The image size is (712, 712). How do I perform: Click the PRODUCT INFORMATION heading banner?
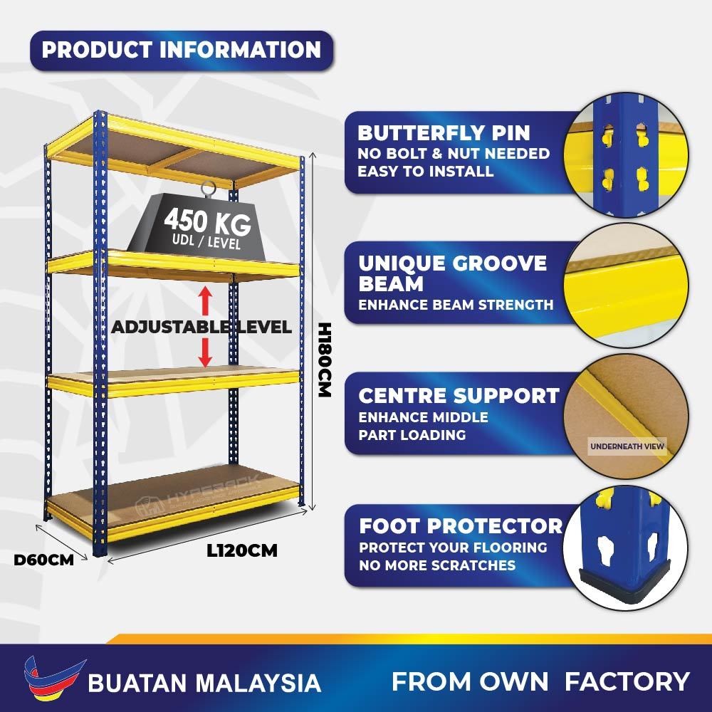[182, 51]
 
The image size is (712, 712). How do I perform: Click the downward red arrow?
[205, 352]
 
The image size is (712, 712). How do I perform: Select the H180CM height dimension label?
[325, 360]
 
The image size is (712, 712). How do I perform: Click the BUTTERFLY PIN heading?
[444, 133]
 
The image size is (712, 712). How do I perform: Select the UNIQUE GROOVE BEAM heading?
[452, 273]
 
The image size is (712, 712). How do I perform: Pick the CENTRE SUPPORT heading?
[459, 396]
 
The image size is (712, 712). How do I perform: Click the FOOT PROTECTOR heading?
[461, 526]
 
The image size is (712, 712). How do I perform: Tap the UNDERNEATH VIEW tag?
[627, 447]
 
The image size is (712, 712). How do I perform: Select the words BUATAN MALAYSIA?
[204, 683]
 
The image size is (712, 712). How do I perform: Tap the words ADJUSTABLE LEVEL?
[201, 328]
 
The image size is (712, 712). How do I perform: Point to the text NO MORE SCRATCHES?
[436, 565]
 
